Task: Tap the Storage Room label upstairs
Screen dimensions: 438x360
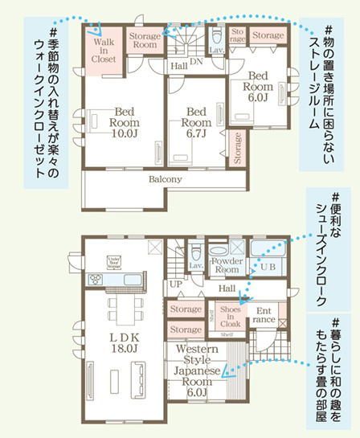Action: coord(145,40)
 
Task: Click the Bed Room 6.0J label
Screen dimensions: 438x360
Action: coord(260,84)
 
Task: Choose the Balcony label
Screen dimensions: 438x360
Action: coord(164,180)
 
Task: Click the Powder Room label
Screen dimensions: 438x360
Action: coord(226,265)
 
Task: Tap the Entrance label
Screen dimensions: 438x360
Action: coord(264,314)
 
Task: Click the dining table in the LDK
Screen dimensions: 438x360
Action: coord(123,309)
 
